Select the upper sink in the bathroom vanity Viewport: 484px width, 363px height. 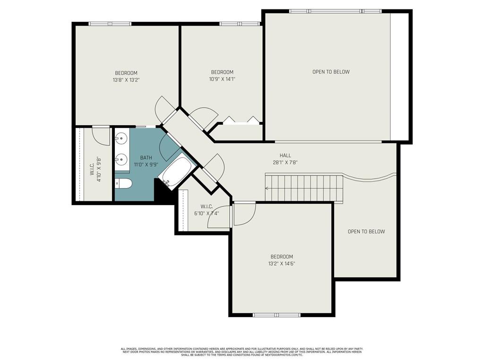121,139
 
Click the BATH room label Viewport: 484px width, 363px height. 146,157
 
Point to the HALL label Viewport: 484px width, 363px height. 285,155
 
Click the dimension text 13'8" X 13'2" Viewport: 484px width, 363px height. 126,80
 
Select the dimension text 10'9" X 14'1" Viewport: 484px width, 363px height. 222,79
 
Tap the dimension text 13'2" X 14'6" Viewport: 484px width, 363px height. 282,264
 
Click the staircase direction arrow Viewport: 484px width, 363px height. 268,188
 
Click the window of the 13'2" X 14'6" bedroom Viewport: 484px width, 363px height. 277,315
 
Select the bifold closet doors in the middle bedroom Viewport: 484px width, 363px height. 241,120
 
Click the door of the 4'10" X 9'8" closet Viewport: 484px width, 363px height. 101,134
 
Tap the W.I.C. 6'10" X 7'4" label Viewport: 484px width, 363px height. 207,210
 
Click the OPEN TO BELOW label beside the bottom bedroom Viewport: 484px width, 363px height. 366,232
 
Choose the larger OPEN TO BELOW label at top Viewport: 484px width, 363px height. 331,72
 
